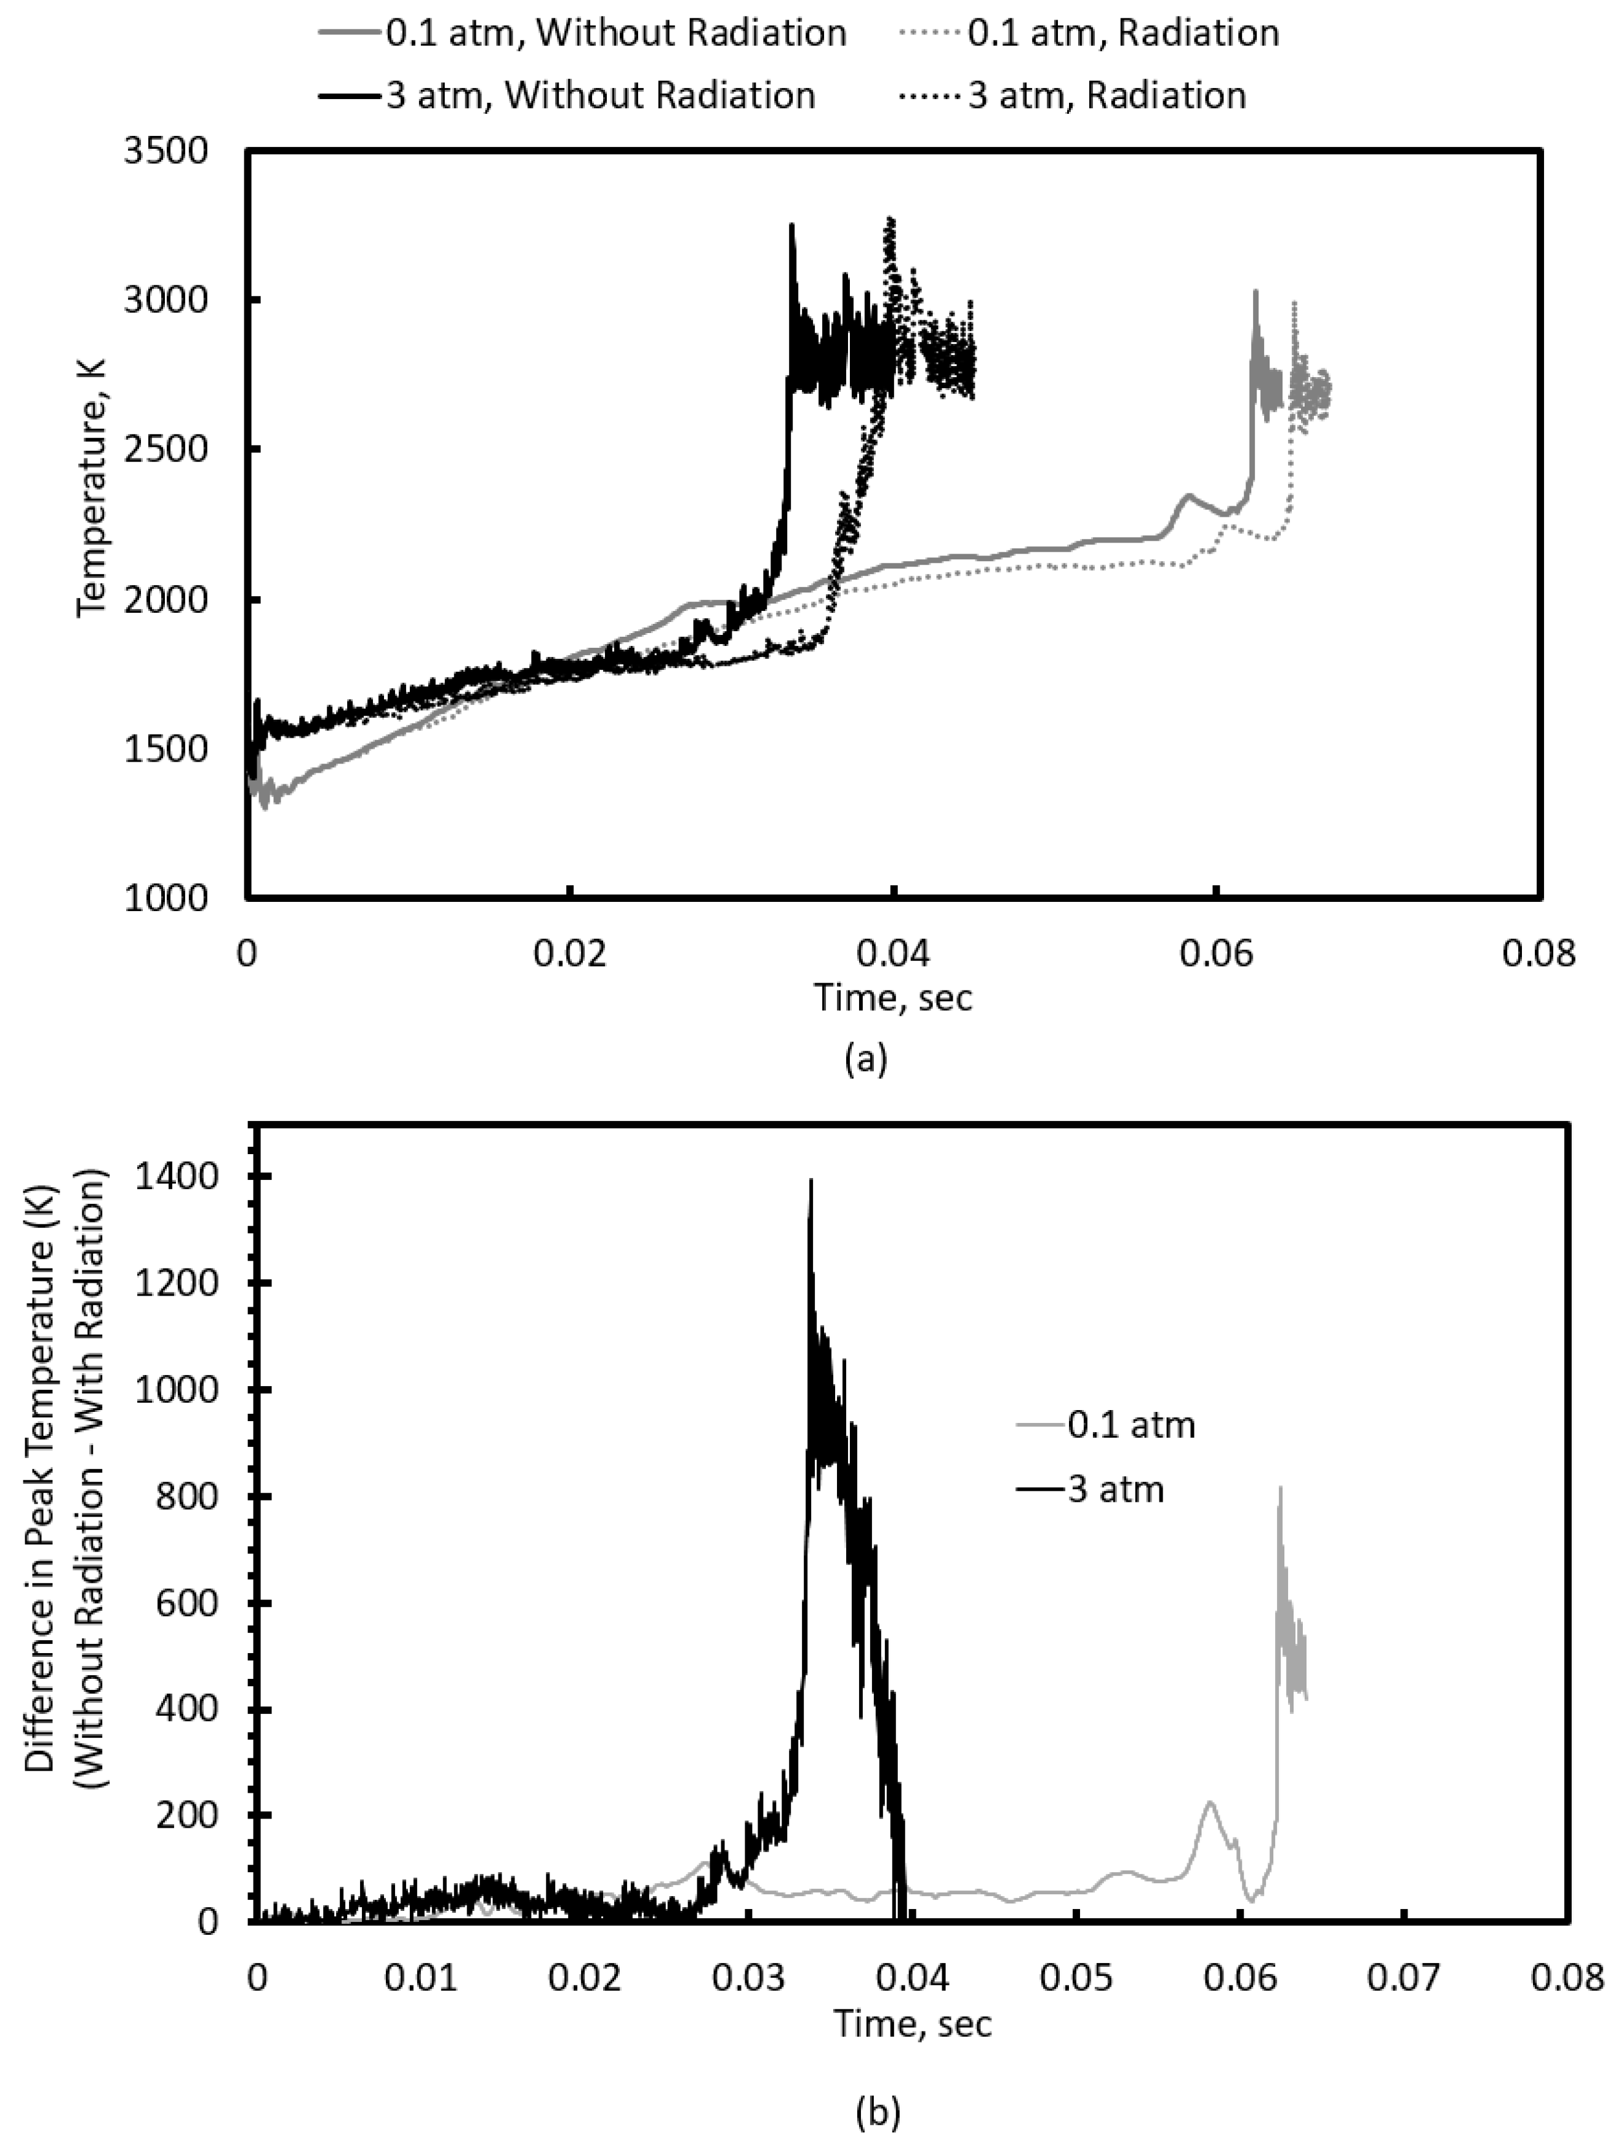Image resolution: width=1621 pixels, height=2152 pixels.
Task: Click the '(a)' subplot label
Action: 866,1058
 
